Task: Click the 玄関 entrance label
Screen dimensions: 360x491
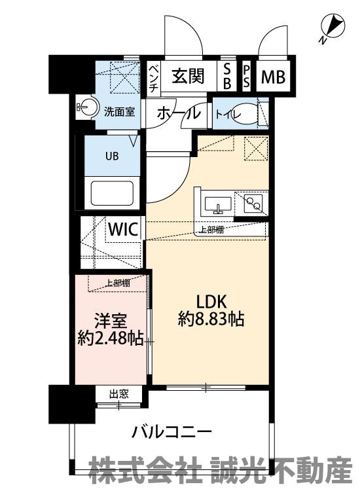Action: pos(188,76)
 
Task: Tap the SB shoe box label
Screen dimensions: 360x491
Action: pos(227,76)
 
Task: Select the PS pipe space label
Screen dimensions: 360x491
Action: pos(247,77)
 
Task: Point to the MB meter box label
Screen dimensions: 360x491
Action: pos(274,77)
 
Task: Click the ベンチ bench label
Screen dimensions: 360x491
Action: pos(154,79)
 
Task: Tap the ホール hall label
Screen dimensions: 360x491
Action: pos(179,114)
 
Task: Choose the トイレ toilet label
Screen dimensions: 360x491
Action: pos(228,114)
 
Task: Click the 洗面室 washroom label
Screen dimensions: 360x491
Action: pos(119,112)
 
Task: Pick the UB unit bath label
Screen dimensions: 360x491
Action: pos(112,156)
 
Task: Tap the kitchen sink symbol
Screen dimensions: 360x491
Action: pos(218,204)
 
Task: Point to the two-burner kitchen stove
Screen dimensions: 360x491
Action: pos(252,203)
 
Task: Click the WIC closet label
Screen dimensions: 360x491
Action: pos(123,230)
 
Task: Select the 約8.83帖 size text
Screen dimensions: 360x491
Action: pos(211,319)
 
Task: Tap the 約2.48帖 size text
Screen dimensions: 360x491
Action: pos(111,338)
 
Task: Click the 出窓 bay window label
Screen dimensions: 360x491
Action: pos(119,393)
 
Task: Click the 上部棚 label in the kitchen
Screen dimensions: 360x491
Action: pos(211,230)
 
